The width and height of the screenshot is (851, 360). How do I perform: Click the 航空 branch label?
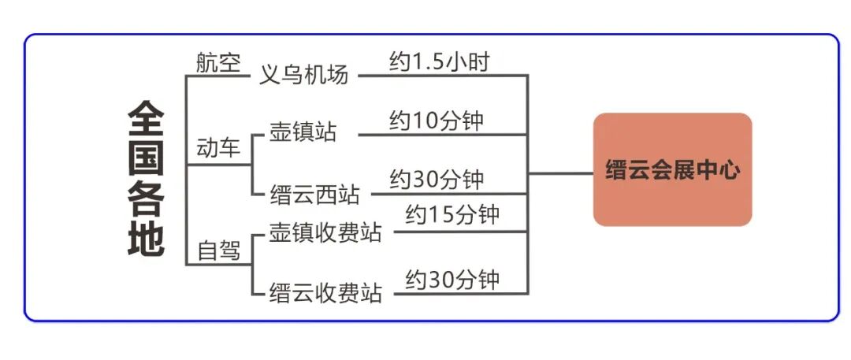click(x=218, y=63)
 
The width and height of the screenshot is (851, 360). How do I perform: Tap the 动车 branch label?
click(x=218, y=148)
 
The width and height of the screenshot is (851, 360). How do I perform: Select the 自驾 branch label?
click(x=218, y=251)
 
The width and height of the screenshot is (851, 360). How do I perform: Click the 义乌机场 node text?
click(x=303, y=76)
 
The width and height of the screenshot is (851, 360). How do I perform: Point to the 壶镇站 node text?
click(x=303, y=132)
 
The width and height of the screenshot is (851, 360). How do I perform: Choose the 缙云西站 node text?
click(x=314, y=193)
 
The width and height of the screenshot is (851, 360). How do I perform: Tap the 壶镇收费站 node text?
click(x=325, y=232)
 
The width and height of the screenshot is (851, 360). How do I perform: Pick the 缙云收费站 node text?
click(x=325, y=293)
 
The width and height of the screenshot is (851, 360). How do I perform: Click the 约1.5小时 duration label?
click(x=439, y=61)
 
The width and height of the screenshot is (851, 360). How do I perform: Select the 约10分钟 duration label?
click(x=436, y=121)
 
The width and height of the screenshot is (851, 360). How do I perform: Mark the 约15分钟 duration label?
click(x=452, y=214)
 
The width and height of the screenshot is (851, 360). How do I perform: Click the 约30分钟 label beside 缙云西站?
click(x=436, y=180)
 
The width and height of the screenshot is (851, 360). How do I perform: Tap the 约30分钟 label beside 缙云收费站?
click(x=452, y=279)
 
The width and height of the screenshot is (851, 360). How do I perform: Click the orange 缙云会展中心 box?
click(x=672, y=169)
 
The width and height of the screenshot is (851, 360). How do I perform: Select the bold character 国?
click(x=146, y=159)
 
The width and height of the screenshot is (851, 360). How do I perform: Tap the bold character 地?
click(x=146, y=239)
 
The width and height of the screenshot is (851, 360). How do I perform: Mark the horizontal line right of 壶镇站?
click(x=441, y=135)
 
